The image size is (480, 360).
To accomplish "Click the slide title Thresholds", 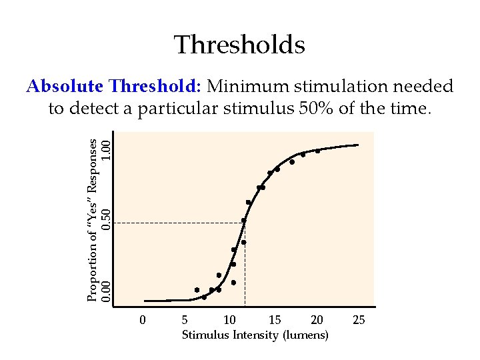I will (239, 45).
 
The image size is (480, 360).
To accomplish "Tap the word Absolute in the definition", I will (64, 87).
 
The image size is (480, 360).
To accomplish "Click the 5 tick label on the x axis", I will (185, 320).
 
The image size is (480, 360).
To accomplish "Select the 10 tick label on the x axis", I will (229, 320).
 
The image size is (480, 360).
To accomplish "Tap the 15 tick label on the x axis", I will (274, 320).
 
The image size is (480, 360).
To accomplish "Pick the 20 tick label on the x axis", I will (317, 320).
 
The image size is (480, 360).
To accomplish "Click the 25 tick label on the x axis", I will (359, 320).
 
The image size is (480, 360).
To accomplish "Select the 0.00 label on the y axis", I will (105, 291).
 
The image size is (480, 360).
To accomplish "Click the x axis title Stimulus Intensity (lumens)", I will (255, 335).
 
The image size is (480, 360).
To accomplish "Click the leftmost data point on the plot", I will (197, 290).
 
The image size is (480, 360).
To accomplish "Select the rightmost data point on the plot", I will (317, 151).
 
